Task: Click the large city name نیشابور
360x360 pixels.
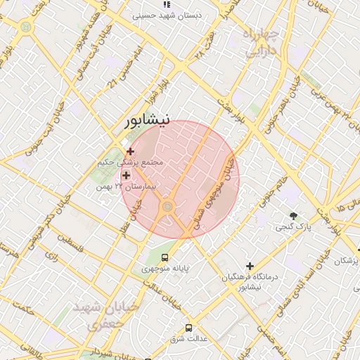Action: (146, 120)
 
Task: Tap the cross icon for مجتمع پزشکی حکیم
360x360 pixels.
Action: (130, 150)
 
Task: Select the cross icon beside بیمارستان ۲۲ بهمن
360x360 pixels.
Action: (127, 175)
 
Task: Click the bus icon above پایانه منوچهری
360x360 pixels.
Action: (165, 257)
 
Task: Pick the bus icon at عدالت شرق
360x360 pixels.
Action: (188, 328)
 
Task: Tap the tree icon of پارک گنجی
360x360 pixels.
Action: (293, 215)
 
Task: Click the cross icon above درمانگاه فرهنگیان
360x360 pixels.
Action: (250, 266)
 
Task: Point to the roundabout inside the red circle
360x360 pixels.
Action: (167, 206)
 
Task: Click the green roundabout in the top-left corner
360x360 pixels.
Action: (26, 27)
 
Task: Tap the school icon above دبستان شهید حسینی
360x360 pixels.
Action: (166, 4)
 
